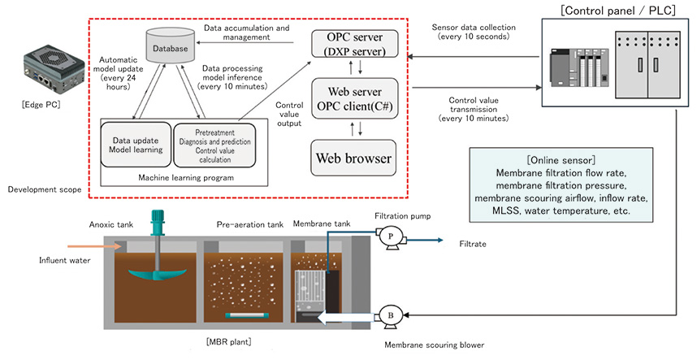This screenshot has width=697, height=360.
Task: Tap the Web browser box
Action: (354, 157)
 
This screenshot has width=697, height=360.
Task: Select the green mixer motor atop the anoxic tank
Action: (158, 222)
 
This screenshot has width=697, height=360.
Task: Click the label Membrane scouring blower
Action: (434, 345)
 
